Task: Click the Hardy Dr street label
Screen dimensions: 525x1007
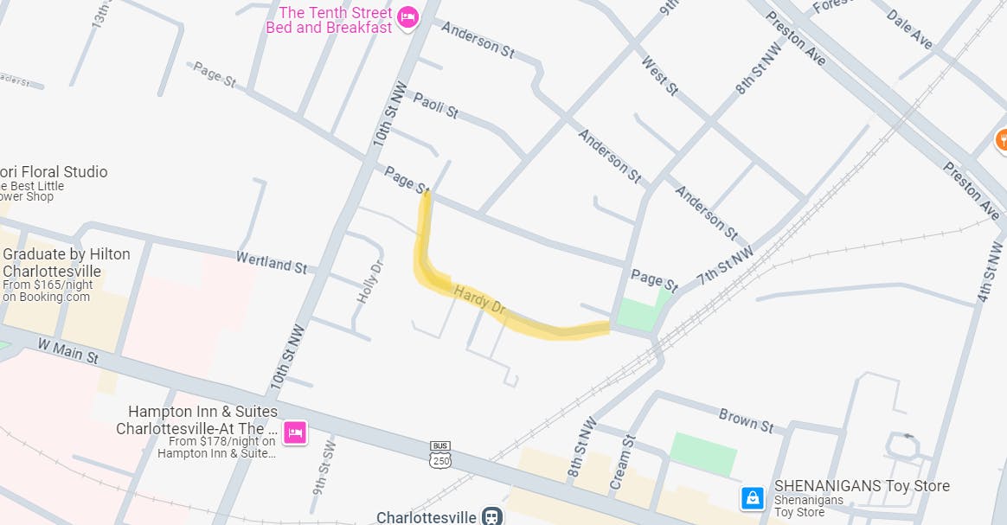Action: point(479,298)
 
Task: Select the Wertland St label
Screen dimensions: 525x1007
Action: point(272,261)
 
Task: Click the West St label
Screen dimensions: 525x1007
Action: point(660,75)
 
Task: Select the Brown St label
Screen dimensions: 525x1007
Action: point(746,419)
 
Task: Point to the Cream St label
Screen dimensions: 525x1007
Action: point(622,463)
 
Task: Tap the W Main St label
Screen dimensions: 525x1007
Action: point(67,350)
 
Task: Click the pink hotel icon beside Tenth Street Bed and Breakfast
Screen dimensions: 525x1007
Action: point(407,16)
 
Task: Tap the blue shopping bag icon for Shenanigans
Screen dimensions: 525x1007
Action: point(753,497)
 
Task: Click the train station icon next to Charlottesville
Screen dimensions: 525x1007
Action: point(492,516)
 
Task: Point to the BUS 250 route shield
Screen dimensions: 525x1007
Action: point(440,456)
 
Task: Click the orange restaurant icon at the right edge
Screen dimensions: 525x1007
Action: point(1001,138)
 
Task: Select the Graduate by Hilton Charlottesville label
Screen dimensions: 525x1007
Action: point(66,262)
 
